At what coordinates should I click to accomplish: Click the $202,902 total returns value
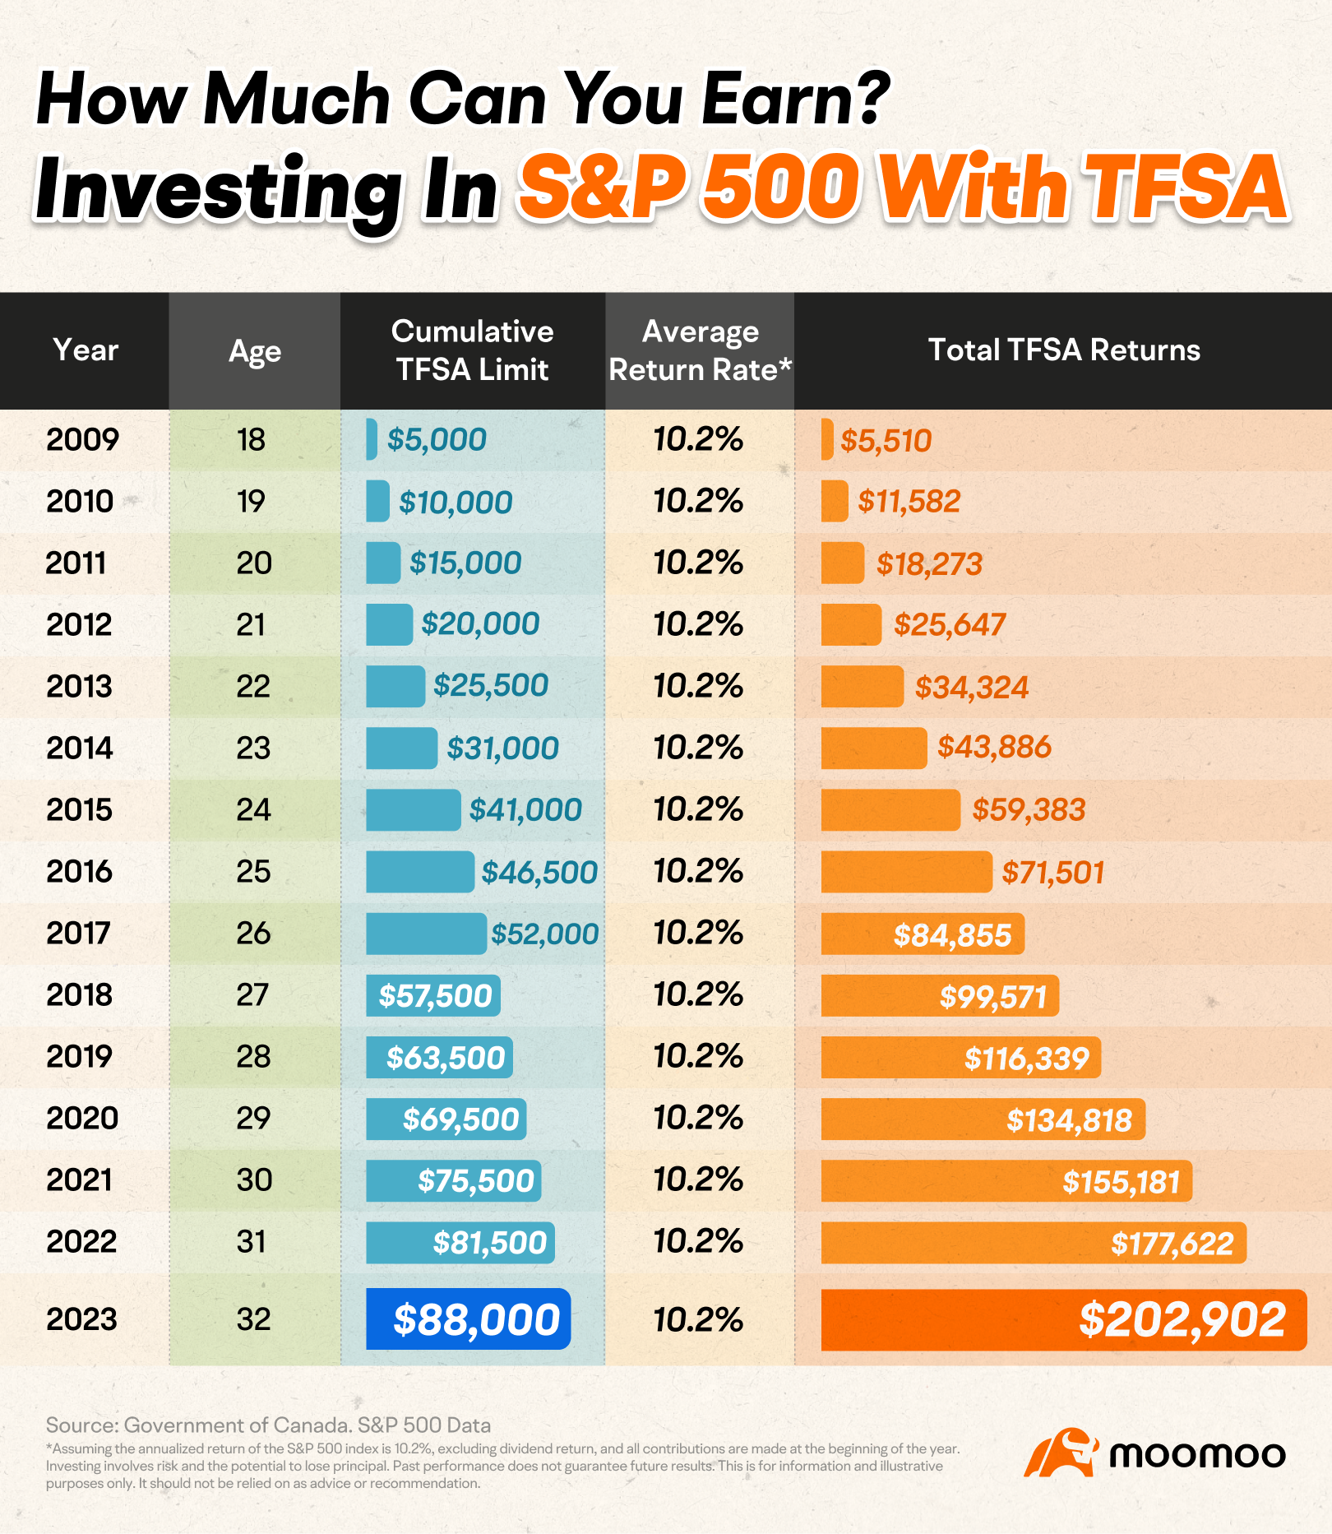pyautogui.click(x=1182, y=1320)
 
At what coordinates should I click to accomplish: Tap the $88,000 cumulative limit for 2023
pyautogui.click(x=476, y=1319)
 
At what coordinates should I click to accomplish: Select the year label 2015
pyautogui.click(x=79, y=810)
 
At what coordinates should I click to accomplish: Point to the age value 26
pyautogui.click(x=253, y=934)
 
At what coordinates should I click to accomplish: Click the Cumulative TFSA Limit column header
pyautogui.click(x=472, y=350)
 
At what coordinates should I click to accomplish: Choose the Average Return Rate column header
pyautogui.click(x=700, y=350)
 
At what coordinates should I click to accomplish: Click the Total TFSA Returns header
pyautogui.click(x=1064, y=350)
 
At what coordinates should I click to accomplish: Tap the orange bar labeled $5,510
pyautogui.click(x=827, y=439)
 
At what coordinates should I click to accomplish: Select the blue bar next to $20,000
pyautogui.click(x=389, y=624)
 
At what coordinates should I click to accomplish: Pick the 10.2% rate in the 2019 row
pyautogui.click(x=698, y=1056)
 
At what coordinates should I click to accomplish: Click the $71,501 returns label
pyautogui.click(x=1052, y=872)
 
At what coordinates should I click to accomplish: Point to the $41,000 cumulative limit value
pyautogui.click(x=525, y=810)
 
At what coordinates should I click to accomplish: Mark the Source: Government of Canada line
pyautogui.click(x=268, y=1425)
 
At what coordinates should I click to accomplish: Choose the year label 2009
pyautogui.click(x=82, y=440)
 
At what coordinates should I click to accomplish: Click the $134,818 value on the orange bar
pyautogui.click(x=1069, y=1120)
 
